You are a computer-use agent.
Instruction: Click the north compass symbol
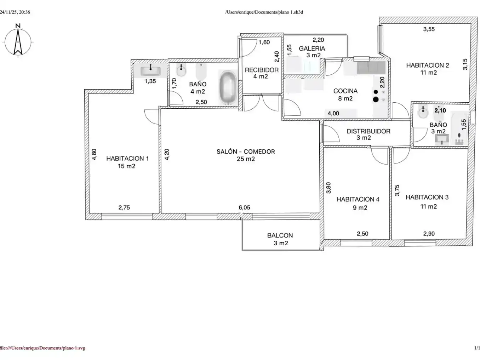click(18, 41)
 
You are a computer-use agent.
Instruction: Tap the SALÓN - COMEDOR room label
click(246, 152)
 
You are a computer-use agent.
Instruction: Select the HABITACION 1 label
click(127, 159)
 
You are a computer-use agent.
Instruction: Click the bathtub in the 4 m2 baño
click(228, 87)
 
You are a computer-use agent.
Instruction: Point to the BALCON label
click(280, 235)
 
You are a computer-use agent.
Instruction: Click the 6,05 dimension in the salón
click(244, 207)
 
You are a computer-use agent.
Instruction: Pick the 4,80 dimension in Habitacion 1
click(94, 154)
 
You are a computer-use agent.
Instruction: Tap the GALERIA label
click(312, 48)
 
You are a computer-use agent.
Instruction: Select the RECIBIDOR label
click(262, 70)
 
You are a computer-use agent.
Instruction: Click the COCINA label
click(345, 91)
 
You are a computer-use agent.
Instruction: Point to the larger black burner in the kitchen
click(376, 99)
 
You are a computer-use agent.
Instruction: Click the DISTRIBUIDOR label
click(368, 131)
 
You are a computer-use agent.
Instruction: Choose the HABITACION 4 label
click(358, 199)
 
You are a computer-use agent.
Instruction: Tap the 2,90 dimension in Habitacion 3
click(429, 234)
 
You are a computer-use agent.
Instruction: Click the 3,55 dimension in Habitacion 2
click(429, 29)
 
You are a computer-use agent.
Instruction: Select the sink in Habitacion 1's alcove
click(150, 70)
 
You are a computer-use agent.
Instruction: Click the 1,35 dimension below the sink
click(150, 81)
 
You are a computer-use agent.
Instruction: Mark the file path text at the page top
click(264, 12)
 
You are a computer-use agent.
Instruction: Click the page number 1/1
click(477, 348)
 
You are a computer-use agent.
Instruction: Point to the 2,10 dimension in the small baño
click(440, 110)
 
